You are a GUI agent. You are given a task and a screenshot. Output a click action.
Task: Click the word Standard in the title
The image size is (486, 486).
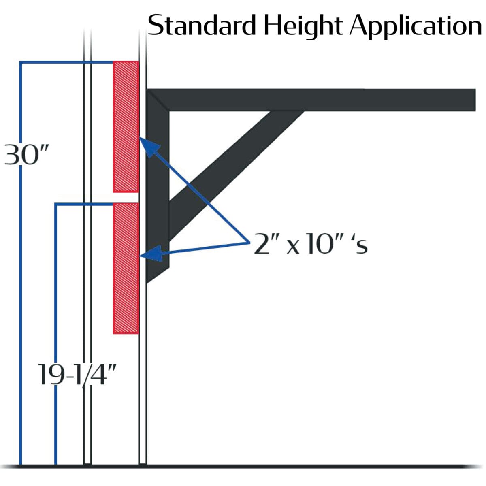click(202, 25)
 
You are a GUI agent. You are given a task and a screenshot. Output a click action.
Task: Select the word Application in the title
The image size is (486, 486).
click(416, 26)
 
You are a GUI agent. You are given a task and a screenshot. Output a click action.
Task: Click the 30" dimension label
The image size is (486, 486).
click(26, 154)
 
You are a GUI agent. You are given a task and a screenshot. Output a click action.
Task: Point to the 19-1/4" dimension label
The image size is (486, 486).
click(77, 375)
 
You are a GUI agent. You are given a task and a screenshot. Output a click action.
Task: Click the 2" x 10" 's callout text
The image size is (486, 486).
click(311, 244)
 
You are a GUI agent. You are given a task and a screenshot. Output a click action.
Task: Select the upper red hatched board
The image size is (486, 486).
click(126, 127)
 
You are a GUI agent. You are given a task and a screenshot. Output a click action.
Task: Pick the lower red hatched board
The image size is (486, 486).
click(126, 268)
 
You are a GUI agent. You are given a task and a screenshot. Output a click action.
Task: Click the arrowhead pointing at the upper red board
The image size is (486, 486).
click(149, 147)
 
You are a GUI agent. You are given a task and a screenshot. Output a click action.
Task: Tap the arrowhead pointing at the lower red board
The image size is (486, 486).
click(151, 254)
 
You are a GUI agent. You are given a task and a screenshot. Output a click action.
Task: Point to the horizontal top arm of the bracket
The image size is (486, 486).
click(311, 100)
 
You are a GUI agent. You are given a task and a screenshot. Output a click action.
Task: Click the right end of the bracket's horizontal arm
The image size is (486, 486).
click(475, 100)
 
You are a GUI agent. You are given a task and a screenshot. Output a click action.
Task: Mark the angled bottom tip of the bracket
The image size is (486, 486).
click(147, 282)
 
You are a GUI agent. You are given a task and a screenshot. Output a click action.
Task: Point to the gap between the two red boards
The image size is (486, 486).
click(126, 198)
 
